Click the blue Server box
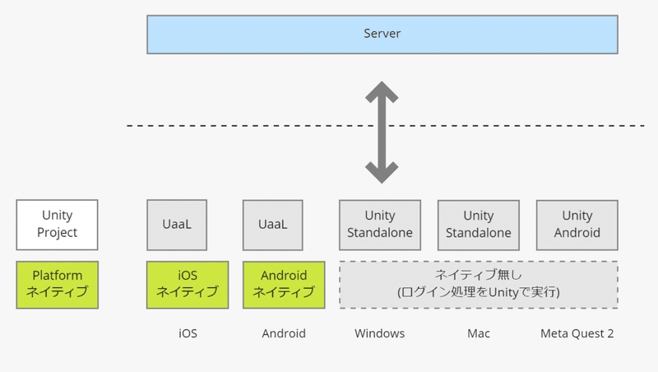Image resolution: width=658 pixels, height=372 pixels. point(382,35)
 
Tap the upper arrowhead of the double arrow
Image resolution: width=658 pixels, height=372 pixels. point(382,91)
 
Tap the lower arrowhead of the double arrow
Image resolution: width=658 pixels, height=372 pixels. point(382,173)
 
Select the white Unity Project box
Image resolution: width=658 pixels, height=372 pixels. point(57,225)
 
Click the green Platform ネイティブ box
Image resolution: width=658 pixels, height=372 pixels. point(57,285)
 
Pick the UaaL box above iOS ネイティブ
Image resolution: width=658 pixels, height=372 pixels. point(177,225)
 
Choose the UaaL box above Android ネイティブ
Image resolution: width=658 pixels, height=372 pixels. point(273,225)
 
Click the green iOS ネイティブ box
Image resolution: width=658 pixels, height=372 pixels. point(188,285)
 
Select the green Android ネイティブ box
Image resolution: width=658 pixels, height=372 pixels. point(284,285)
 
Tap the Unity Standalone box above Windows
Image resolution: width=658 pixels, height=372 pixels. point(380,225)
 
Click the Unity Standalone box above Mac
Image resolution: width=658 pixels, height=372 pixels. point(479,225)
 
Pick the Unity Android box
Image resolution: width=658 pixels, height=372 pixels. point(577,225)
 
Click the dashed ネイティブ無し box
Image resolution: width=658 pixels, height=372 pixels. point(479,285)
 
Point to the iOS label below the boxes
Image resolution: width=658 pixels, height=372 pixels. point(188,333)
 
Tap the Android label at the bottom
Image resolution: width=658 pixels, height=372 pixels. point(284,333)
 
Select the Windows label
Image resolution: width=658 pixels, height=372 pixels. point(379,333)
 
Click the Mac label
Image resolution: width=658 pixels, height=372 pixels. point(479,333)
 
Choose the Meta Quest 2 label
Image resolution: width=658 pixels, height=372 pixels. point(577,333)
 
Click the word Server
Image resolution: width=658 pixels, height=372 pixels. point(382,34)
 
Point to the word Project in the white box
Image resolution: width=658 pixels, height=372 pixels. point(57,233)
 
